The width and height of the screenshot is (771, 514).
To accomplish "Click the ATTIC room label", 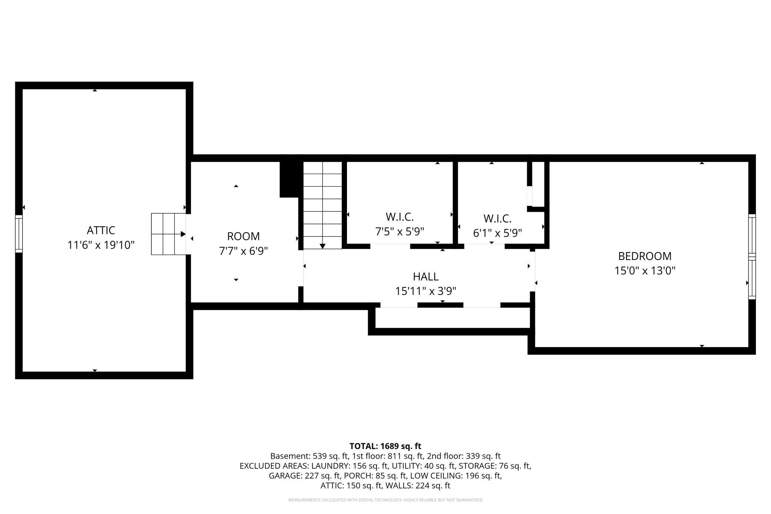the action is click(101, 230).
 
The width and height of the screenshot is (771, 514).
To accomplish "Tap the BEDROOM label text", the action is click(645, 256).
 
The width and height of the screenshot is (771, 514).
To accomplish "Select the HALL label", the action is click(426, 277).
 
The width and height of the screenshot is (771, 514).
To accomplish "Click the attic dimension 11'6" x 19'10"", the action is click(101, 245).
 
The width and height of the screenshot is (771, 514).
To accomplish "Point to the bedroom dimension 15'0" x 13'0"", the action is click(645, 271).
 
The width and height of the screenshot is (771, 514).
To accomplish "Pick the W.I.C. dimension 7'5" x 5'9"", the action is click(400, 232).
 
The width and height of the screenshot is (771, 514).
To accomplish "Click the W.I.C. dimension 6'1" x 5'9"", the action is click(497, 233).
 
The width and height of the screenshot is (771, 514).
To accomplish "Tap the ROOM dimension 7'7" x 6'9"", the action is click(243, 251).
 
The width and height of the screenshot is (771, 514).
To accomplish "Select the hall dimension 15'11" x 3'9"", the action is click(426, 291).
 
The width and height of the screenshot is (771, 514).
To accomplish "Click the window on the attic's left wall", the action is click(19, 234).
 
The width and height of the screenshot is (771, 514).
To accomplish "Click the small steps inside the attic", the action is click(168, 234).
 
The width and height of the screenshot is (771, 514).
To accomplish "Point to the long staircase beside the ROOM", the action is click(322, 205).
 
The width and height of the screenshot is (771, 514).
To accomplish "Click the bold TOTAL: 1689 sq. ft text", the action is click(385, 446).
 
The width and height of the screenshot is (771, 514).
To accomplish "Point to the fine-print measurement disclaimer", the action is click(385, 500).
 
